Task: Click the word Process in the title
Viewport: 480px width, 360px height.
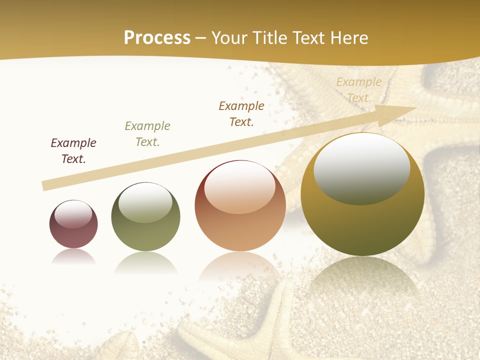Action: click(157, 38)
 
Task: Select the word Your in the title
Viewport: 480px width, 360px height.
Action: click(229, 38)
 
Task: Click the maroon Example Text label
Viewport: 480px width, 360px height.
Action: click(73, 151)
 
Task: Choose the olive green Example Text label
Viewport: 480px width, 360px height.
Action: click(147, 134)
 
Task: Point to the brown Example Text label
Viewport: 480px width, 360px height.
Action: click(241, 114)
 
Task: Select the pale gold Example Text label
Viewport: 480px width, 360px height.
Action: click(359, 90)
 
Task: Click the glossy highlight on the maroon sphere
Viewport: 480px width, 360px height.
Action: click(73, 214)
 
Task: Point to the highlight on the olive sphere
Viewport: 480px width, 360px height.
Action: click(145, 202)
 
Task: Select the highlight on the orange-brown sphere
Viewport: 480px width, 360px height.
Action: click(240, 187)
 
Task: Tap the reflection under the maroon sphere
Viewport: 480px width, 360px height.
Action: click(73, 256)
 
